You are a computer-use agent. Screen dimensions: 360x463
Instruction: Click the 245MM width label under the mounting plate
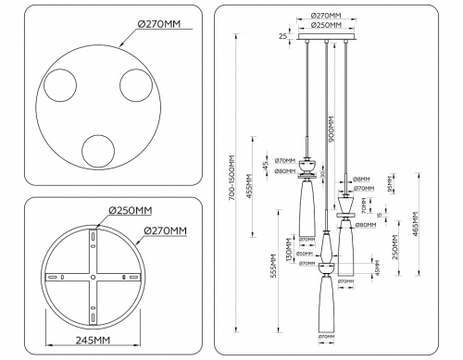coord(92,341)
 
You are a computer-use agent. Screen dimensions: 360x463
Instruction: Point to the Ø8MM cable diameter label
coord(361,179)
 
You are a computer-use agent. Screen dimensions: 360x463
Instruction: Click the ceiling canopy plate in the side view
coord(325,40)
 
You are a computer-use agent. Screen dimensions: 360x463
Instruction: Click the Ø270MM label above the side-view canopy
coord(326,16)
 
